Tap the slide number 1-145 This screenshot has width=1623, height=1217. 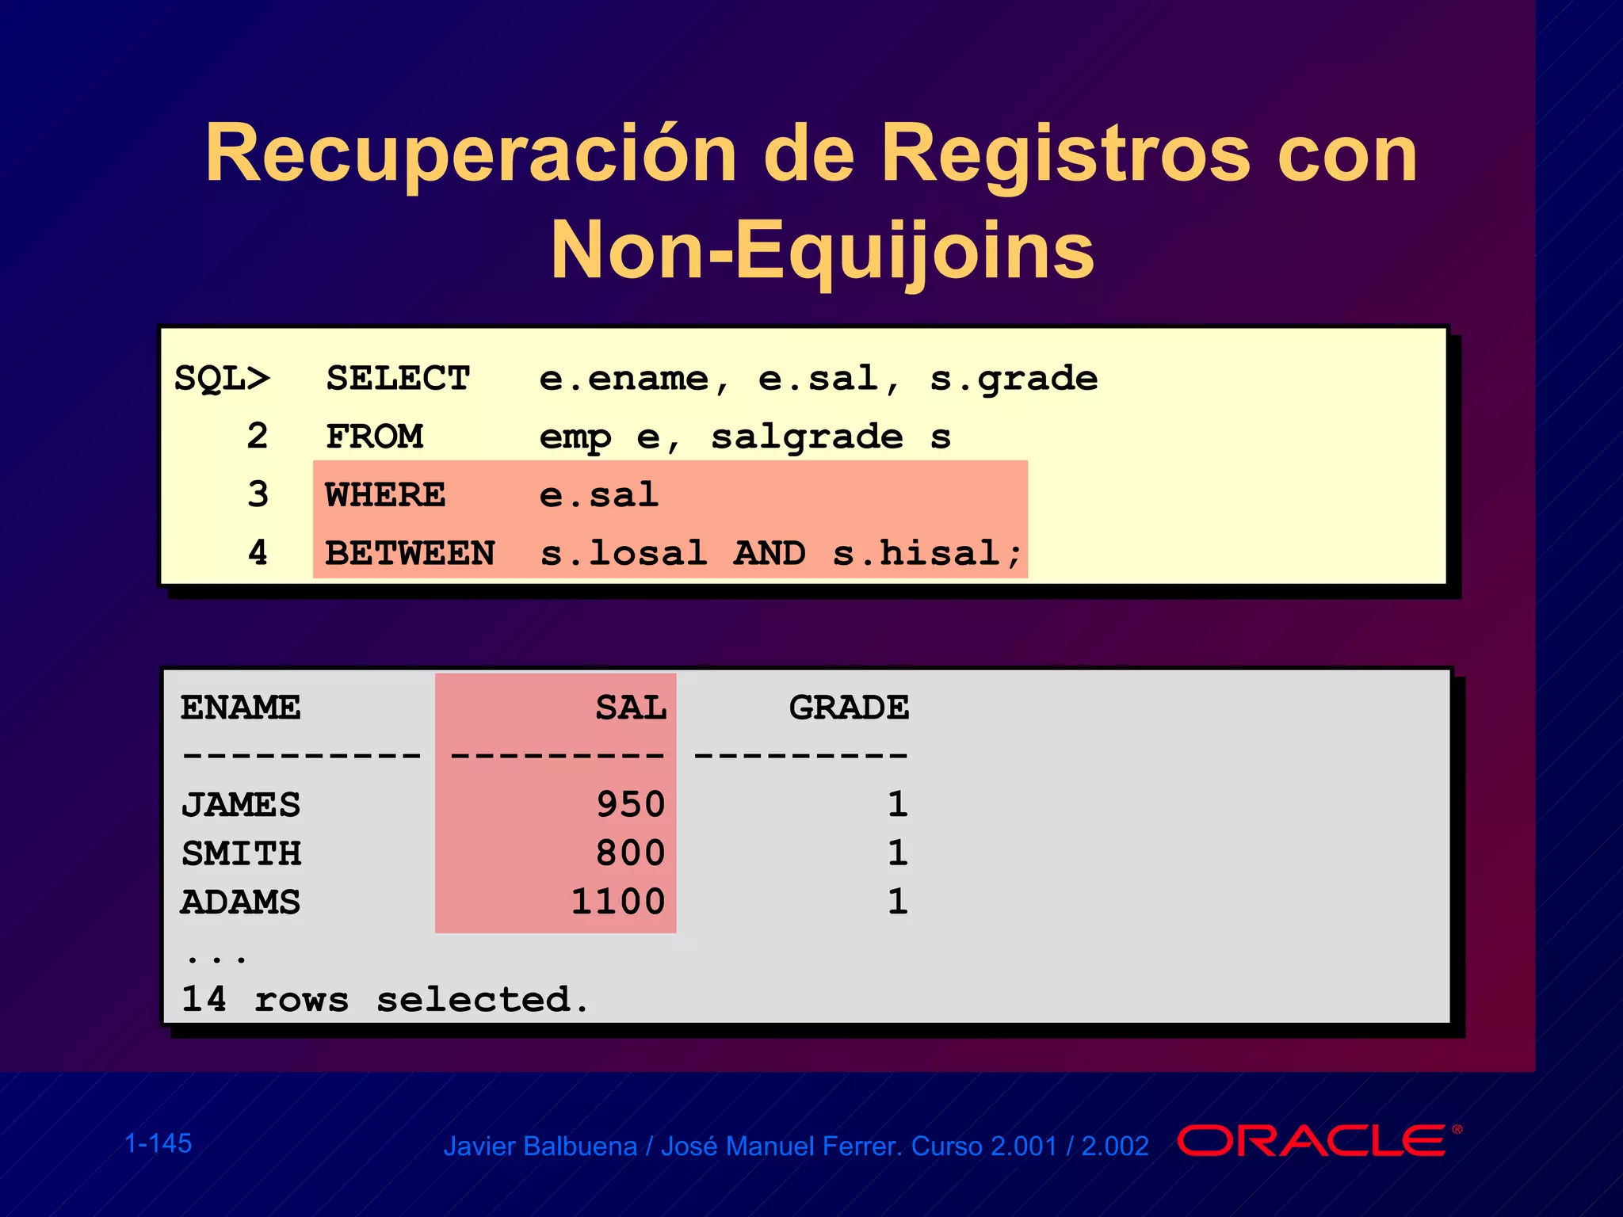158,1143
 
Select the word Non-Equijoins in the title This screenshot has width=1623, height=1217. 823,250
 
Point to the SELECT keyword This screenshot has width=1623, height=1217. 398,379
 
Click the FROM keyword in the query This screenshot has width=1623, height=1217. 374,437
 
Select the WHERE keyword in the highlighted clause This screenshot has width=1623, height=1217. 385,495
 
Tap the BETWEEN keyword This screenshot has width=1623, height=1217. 410,553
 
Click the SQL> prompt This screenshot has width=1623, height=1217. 222,379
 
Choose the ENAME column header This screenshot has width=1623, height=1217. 240,708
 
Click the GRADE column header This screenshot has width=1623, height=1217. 849,708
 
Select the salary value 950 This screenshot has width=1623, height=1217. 631,805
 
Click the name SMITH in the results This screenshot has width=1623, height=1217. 241,853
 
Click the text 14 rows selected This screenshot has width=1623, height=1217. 385,1000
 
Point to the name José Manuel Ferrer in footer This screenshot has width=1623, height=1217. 781,1146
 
